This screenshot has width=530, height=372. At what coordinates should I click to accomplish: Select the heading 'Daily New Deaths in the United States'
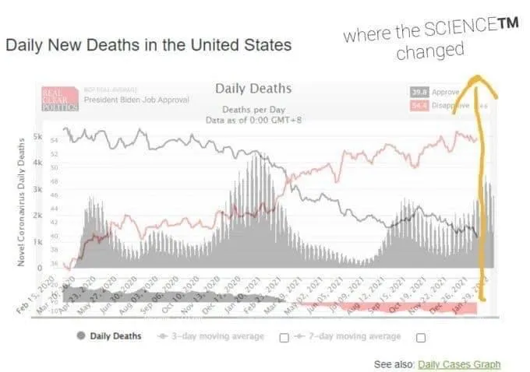(148, 45)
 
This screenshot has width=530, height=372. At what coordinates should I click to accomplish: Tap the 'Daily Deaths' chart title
(253, 89)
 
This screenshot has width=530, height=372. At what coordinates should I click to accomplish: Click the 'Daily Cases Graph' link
(458, 364)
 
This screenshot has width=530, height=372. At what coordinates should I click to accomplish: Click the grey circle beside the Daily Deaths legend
(80, 336)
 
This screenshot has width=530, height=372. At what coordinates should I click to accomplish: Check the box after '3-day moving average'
(284, 337)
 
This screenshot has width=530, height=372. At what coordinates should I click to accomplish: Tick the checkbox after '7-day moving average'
(421, 337)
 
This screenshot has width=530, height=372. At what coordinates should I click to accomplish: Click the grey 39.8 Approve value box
(419, 92)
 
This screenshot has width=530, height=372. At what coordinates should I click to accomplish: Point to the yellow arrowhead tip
(475, 78)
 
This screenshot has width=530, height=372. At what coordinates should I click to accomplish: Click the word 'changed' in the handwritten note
(429, 52)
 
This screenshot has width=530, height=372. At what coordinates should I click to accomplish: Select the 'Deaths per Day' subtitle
(253, 111)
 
